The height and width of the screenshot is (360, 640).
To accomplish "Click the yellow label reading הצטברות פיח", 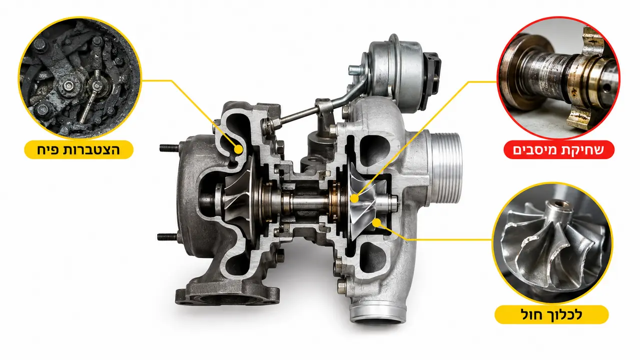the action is pyautogui.click(x=79, y=149).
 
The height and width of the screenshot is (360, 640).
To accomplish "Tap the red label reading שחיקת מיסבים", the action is pyautogui.click(x=559, y=149).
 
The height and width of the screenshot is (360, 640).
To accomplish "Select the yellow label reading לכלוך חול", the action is pyautogui.click(x=552, y=314).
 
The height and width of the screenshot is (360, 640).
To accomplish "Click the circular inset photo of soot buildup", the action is pyautogui.click(x=80, y=77).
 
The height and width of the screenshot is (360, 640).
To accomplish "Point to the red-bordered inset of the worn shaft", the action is pyautogui.click(x=558, y=77).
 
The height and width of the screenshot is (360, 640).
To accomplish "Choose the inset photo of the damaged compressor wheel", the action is pyautogui.click(x=552, y=242).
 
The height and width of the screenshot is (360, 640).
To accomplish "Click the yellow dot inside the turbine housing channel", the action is pyautogui.click(x=238, y=149).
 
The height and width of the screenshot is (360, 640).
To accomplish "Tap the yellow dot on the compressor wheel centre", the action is pyautogui.click(x=354, y=198).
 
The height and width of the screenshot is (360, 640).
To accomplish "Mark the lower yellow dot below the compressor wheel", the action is pyautogui.click(x=377, y=223).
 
